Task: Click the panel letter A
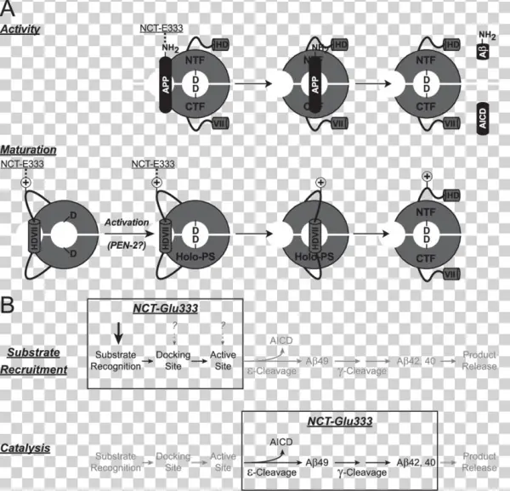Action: coord(8,10)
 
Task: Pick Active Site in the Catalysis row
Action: coord(223,463)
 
